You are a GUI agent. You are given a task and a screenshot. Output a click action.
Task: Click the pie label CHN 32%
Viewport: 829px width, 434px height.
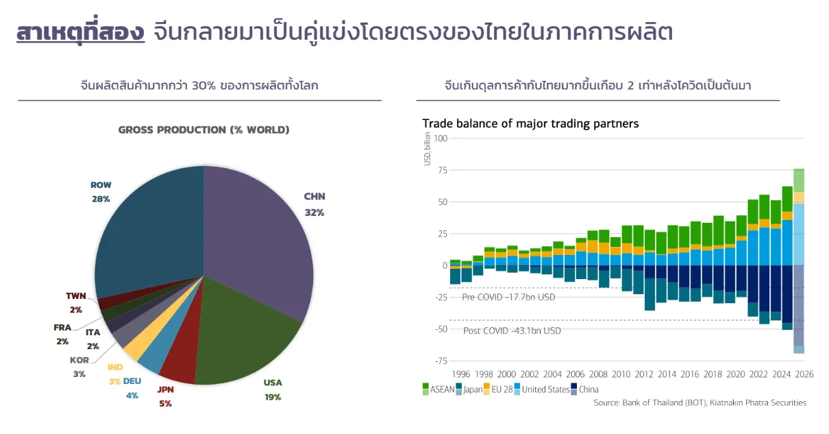(314, 204)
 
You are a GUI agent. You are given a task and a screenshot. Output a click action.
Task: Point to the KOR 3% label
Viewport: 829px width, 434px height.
(79, 367)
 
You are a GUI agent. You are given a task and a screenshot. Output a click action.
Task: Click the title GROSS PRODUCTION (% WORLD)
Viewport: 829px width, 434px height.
(203, 130)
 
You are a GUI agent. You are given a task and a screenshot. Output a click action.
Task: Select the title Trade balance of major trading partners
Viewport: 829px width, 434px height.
(530, 124)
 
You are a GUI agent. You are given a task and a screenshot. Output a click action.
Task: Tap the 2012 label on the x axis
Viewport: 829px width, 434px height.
(644, 374)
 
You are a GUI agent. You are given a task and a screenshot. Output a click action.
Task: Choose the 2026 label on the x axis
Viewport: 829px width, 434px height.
(804, 374)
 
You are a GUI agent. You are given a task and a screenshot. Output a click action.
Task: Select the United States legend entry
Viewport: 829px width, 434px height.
(545, 389)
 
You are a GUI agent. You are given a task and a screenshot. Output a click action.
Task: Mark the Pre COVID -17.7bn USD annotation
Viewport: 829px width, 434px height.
(508, 298)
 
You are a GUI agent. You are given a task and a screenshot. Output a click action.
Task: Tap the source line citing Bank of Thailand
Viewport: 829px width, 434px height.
(700, 403)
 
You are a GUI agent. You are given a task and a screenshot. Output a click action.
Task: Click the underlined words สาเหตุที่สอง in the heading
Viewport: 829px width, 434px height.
(81, 33)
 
